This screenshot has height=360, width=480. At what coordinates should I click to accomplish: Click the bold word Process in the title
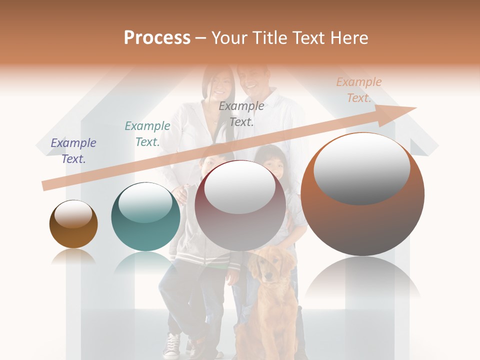point(157,38)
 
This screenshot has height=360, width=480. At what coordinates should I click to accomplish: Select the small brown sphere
point(73,224)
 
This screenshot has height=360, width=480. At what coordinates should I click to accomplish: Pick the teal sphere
point(145,216)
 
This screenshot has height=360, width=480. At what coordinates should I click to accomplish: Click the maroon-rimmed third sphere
point(240,205)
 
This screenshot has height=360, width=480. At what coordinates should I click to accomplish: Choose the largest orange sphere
point(362,194)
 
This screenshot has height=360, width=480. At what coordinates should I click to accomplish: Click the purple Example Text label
point(73,151)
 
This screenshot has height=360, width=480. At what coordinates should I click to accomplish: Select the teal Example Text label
point(147,134)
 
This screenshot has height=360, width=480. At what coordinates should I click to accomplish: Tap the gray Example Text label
point(241,113)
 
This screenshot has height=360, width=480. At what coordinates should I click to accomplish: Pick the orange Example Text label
point(359,90)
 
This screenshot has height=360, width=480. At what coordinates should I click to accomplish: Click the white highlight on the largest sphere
point(361,168)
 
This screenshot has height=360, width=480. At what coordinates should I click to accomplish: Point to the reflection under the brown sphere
point(73,256)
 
